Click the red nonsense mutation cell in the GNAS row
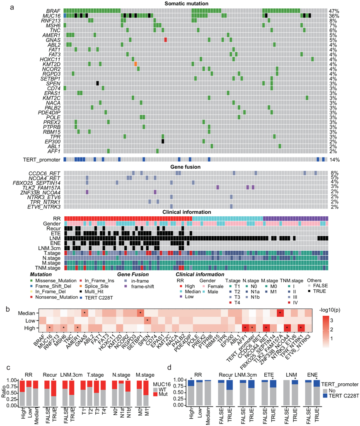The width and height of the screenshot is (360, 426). click(x=165, y=40)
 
